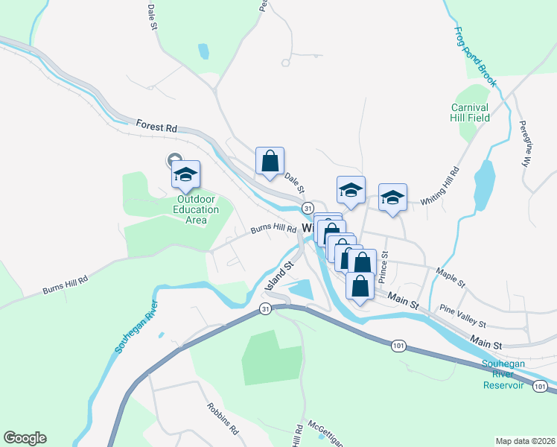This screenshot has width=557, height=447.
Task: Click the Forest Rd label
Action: point(156,127)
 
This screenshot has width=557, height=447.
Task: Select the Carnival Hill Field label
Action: point(471,112)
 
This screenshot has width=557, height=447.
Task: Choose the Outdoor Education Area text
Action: point(196,209)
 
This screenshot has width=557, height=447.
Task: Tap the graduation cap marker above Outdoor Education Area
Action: point(185,174)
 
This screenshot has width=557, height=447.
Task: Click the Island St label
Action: point(279,274)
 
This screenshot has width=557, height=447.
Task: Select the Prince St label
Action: point(383,267)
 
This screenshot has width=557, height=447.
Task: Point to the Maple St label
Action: point(451,279)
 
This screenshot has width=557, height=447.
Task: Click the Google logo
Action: point(25,438)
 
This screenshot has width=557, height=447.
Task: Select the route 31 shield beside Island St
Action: point(265,308)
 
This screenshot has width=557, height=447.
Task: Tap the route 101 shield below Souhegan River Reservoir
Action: point(539,386)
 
